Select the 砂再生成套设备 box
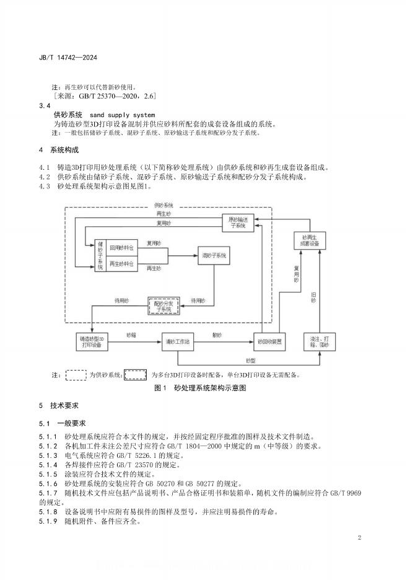click(310, 241)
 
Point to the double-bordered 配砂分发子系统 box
click(163, 305)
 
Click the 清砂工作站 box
click(178, 341)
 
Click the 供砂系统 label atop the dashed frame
click(164, 204)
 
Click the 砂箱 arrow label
click(131, 335)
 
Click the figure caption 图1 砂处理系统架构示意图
click(200, 388)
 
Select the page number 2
click(359, 537)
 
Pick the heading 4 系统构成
click(59, 151)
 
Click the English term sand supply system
click(122, 115)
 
